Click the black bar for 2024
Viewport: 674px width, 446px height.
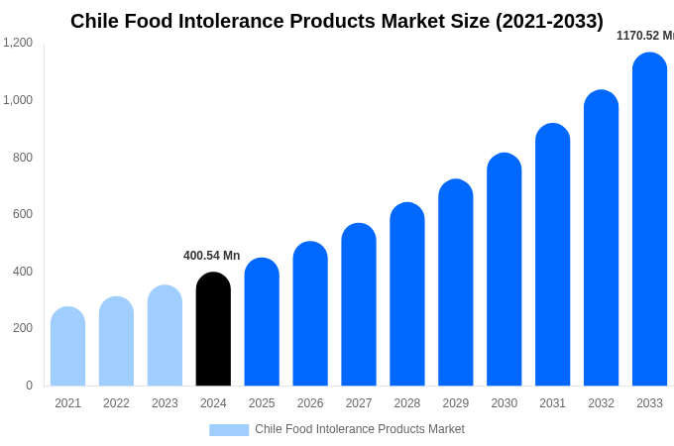click(x=213, y=329)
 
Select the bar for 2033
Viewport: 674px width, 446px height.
click(x=649, y=219)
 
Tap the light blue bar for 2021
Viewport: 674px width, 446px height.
click(x=67, y=346)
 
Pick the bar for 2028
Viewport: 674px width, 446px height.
click(x=406, y=294)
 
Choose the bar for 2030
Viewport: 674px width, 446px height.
click(x=504, y=270)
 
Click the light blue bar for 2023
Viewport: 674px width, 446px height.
click(x=165, y=335)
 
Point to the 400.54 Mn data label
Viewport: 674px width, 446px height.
click(x=211, y=256)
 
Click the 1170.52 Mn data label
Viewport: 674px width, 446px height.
click(x=644, y=36)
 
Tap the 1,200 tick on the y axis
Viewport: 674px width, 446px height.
click(x=18, y=43)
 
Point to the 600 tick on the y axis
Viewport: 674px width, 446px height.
click(x=22, y=214)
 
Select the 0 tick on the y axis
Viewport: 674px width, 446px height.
click(x=29, y=386)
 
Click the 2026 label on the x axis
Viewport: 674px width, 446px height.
click(x=310, y=403)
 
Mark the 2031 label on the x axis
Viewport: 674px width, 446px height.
click(x=552, y=403)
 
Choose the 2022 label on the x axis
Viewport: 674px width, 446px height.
click(x=116, y=403)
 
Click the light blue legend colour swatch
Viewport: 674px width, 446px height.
click(x=229, y=430)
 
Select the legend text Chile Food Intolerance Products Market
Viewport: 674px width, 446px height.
click(x=359, y=429)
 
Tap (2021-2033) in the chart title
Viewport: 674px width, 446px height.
click(x=549, y=21)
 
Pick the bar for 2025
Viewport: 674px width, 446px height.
click(x=262, y=322)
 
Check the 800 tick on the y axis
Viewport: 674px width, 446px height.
click(x=22, y=157)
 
